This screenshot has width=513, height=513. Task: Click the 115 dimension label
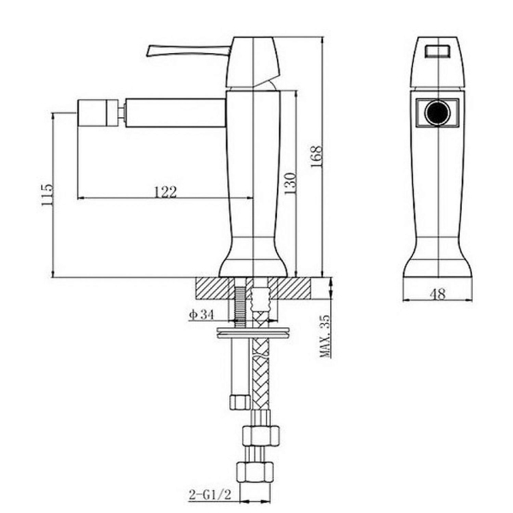46,195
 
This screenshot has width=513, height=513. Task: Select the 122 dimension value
165,192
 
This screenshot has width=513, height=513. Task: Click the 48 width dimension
437,294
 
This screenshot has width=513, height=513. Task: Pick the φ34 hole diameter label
201,315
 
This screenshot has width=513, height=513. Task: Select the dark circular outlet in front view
438,113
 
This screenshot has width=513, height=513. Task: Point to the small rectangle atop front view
438,50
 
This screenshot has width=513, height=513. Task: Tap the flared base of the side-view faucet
255,261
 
